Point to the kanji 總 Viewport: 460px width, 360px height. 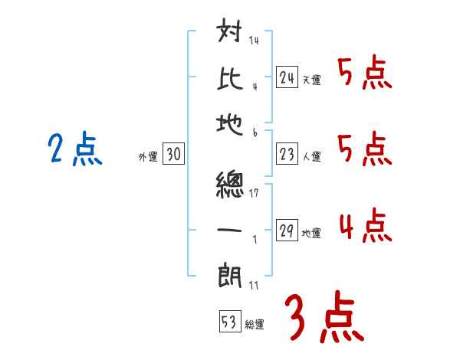click(x=232, y=185)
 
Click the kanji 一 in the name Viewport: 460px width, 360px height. click(x=232, y=230)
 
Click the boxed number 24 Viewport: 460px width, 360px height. click(x=287, y=77)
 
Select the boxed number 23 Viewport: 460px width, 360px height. click(x=287, y=155)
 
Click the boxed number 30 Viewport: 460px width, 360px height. click(x=173, y=155)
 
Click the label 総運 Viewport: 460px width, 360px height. click(x=255, y=324)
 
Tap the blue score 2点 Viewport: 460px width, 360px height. click(x=75, y=149)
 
